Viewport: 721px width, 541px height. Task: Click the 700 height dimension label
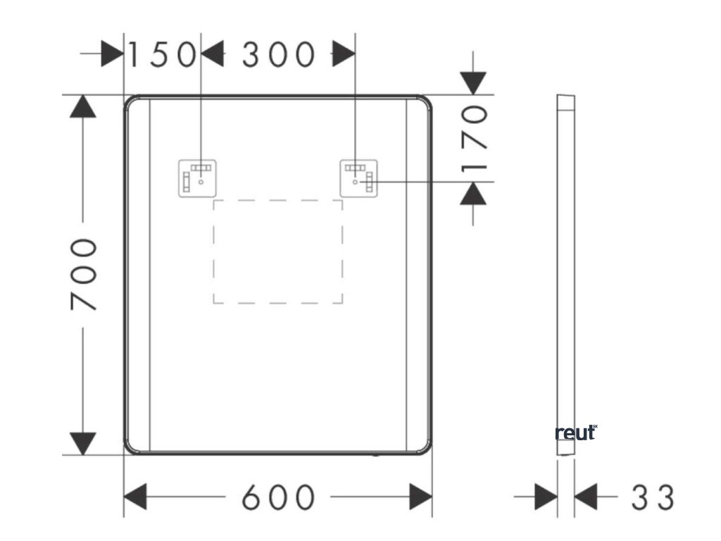[84, 275]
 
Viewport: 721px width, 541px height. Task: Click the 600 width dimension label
[278, 497]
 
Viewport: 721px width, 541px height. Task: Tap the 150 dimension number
[161, 55]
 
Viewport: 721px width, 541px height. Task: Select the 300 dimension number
[278, 55]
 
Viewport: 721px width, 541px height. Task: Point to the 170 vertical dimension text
[476, 138]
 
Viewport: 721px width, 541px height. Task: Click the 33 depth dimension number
[652, 497]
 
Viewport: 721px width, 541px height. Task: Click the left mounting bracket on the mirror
[196, 178]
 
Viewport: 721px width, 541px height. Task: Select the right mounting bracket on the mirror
[359, 178]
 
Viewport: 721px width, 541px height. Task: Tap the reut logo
[576, 433]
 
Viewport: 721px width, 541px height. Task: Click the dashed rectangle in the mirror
[278, 251]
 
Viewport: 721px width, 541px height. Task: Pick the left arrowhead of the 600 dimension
[135, 497]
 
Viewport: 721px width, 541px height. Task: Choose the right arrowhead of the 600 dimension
[421, 497]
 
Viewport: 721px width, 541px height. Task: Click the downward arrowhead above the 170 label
[475, 83]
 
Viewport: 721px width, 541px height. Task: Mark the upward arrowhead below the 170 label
[475, 193]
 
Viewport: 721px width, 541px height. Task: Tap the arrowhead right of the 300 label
[343, 55]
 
